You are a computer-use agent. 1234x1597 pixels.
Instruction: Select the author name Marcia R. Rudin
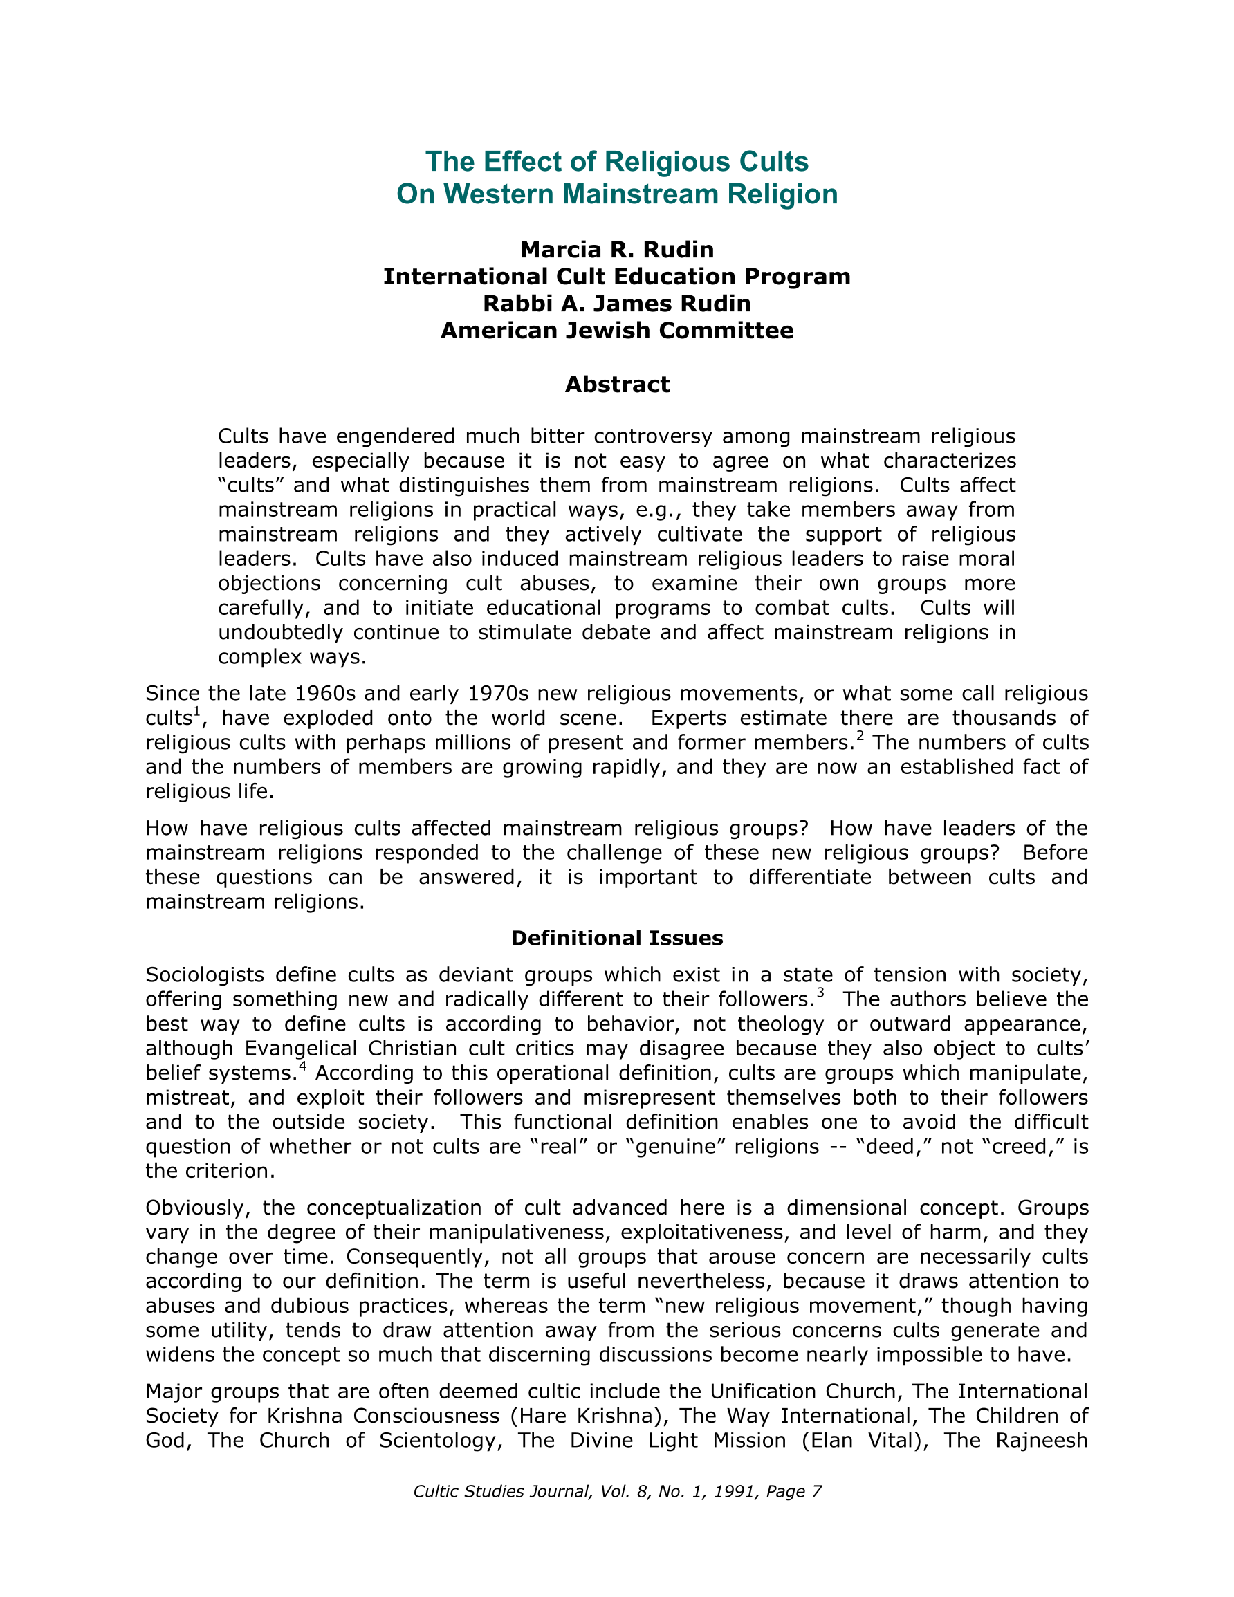tap(616, 250)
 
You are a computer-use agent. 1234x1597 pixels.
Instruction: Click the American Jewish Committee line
tap(616, 331)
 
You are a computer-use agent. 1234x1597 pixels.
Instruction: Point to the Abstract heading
tap(616, 385)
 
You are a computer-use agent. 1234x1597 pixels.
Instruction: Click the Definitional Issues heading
tap(616, 938)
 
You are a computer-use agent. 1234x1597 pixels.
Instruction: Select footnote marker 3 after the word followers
tap(820, 993)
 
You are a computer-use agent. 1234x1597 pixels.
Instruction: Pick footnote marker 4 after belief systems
tap(302, 1066)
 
